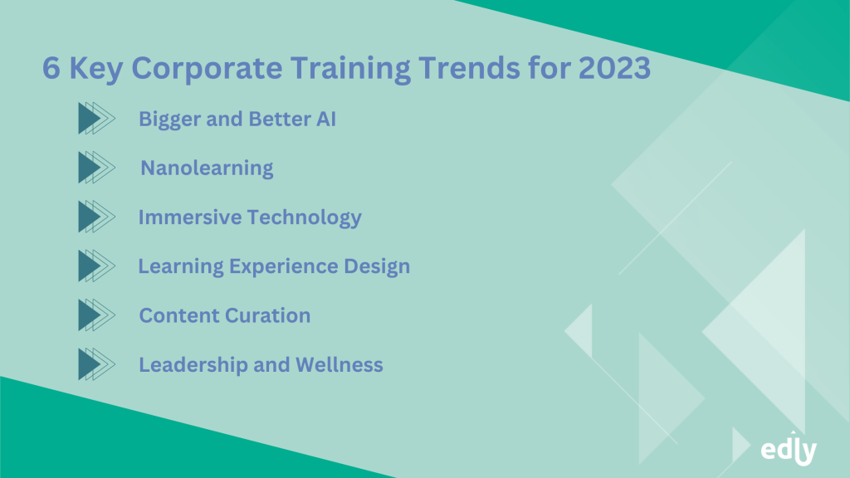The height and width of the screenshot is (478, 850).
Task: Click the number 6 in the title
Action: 51,70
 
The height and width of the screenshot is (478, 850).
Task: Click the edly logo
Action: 789,449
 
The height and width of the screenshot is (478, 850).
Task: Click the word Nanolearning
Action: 207,168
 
